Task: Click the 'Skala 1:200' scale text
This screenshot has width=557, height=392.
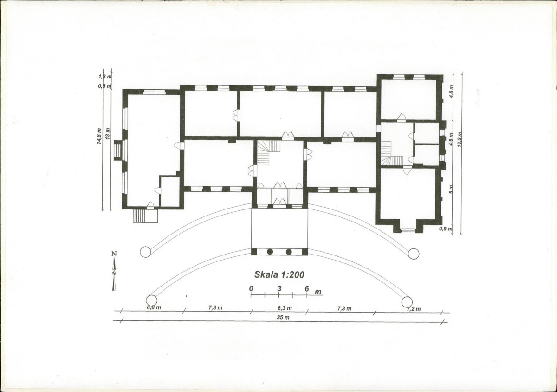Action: [279, 274]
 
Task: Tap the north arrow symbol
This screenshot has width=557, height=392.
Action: [114, 271]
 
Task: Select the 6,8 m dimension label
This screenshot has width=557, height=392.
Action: [154, 307]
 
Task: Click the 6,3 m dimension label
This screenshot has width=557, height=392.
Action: [285, 308]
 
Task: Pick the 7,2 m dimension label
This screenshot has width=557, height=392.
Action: [414, 309]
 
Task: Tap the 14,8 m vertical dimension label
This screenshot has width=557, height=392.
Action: [99, 136]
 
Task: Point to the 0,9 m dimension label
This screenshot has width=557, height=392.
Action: [445, 229]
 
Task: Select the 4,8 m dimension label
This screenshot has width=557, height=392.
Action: [452, 91]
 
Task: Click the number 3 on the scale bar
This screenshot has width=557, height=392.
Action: [279, 289]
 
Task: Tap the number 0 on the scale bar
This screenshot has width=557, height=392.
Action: [252, 288]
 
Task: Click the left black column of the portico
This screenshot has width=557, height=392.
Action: [270, 252]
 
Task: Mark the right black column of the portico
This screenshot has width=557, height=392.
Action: [289, 252]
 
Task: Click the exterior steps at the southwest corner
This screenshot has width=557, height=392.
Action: [145, 216]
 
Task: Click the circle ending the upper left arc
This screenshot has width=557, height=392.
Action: [145, 252]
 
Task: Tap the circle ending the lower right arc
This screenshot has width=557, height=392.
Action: [407, 302]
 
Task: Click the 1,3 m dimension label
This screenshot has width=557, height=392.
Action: [105, 77]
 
